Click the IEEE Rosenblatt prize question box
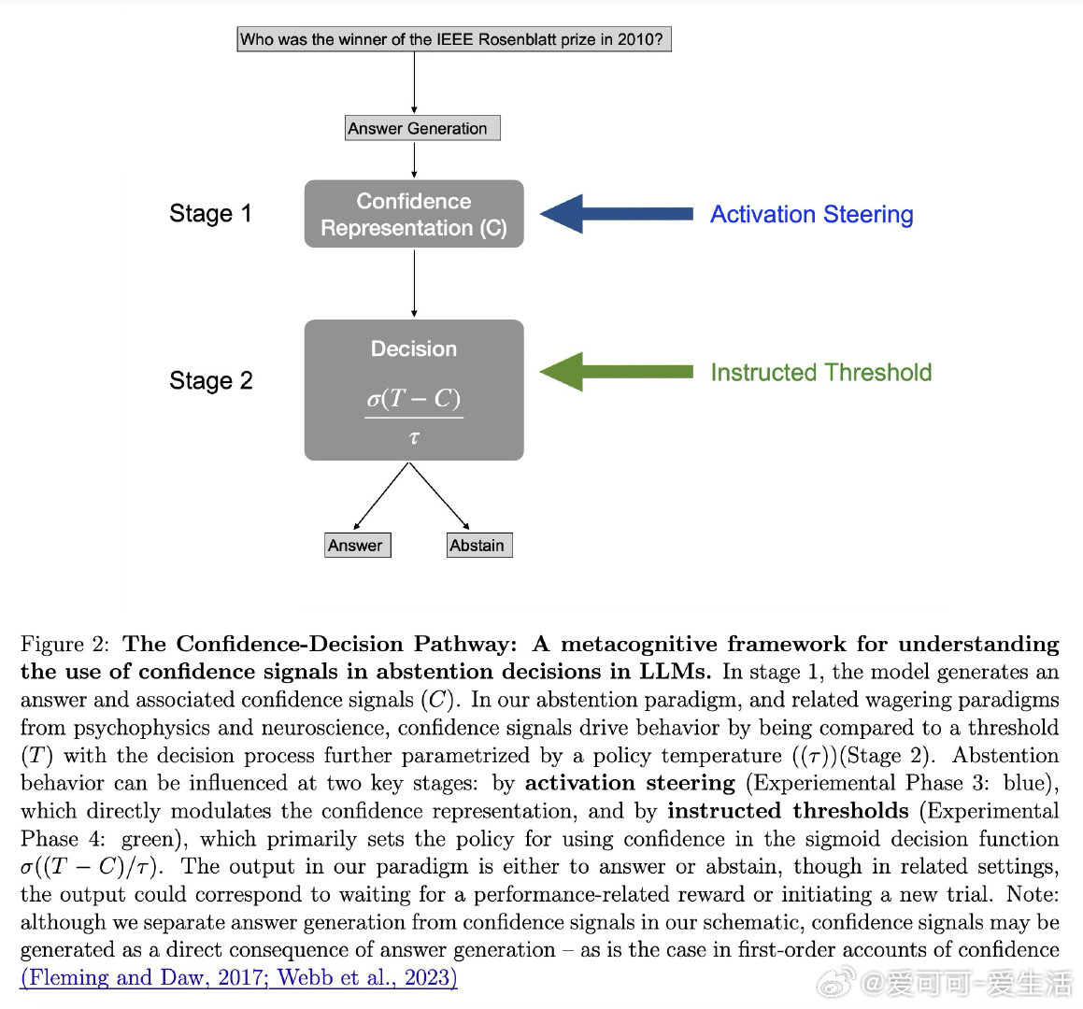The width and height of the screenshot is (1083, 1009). tap(454, 39)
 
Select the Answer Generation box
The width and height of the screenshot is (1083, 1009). tap(422, 128)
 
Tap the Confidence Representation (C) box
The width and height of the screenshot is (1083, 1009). tap(414, 214)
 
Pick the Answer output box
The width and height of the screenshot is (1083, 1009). tap(357, 546)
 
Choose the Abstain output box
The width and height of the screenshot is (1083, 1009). tap(479, 546)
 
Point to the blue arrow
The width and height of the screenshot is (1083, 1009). tap(617, 214)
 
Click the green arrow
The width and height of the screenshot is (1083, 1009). tap(617, 372)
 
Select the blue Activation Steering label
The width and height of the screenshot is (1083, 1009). tap(811, 214)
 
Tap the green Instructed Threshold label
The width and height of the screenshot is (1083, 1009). tap(820, 372)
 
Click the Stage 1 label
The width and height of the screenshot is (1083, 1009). tap(210, 214)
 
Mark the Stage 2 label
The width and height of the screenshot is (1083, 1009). tap(210, 380)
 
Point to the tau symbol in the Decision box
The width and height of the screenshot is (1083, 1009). tap(414, 437)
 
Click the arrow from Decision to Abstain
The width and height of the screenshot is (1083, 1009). tap(441, 496)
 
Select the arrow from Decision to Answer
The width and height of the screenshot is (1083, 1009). tap(382, 496)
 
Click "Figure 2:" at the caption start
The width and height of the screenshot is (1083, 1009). tap(64, 644)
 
